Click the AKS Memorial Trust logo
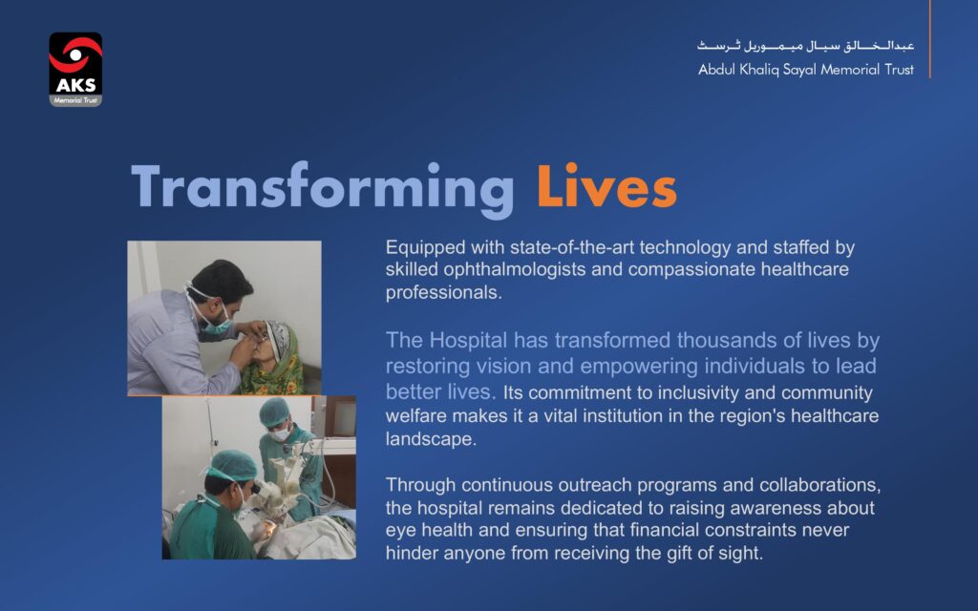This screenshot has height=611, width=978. (x=75, y=69)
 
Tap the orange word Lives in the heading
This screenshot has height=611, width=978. (x=606, y=186)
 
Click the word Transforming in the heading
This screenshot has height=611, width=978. (x=323, y=190)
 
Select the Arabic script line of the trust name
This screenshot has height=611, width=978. (x=805, y=46)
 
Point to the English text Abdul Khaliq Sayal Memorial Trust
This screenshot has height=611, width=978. (x=806, y=69)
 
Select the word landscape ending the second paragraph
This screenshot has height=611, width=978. (x=431, y=439)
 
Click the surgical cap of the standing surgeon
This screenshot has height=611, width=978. (x=275, y=411)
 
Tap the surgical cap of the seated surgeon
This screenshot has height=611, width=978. (x=232, y=466)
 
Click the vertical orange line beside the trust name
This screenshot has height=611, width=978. (x=929, y=38)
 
